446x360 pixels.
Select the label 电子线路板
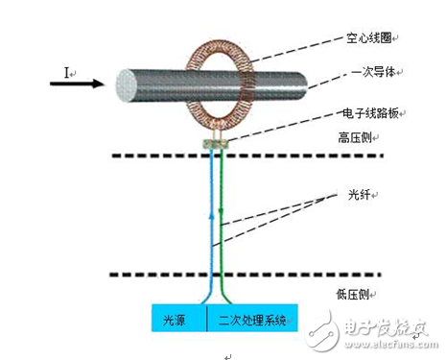click(372, 114)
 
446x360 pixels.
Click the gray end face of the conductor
click(123, 84)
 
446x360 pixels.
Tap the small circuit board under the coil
click(216, 143)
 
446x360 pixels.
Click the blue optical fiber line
click(209, 221)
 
